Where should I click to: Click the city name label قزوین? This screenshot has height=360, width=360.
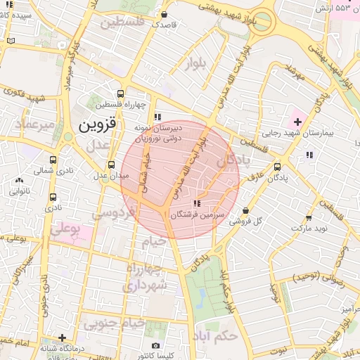point(95,127)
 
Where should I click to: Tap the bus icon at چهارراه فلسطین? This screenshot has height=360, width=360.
point(121,93)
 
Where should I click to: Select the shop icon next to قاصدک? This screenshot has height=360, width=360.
point(165,13)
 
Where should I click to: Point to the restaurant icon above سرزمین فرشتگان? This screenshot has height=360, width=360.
point(195,202)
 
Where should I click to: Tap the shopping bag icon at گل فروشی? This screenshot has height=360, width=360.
point(245,210)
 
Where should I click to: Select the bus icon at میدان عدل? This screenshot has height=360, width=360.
point(111,165)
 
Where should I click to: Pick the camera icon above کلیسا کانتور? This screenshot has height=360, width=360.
point(155,345)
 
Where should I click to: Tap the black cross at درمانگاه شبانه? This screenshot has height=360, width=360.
point(63,337)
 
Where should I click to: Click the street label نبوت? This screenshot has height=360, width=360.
point(280,349)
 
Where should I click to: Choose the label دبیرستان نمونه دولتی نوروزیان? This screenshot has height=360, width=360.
point(157,133)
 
